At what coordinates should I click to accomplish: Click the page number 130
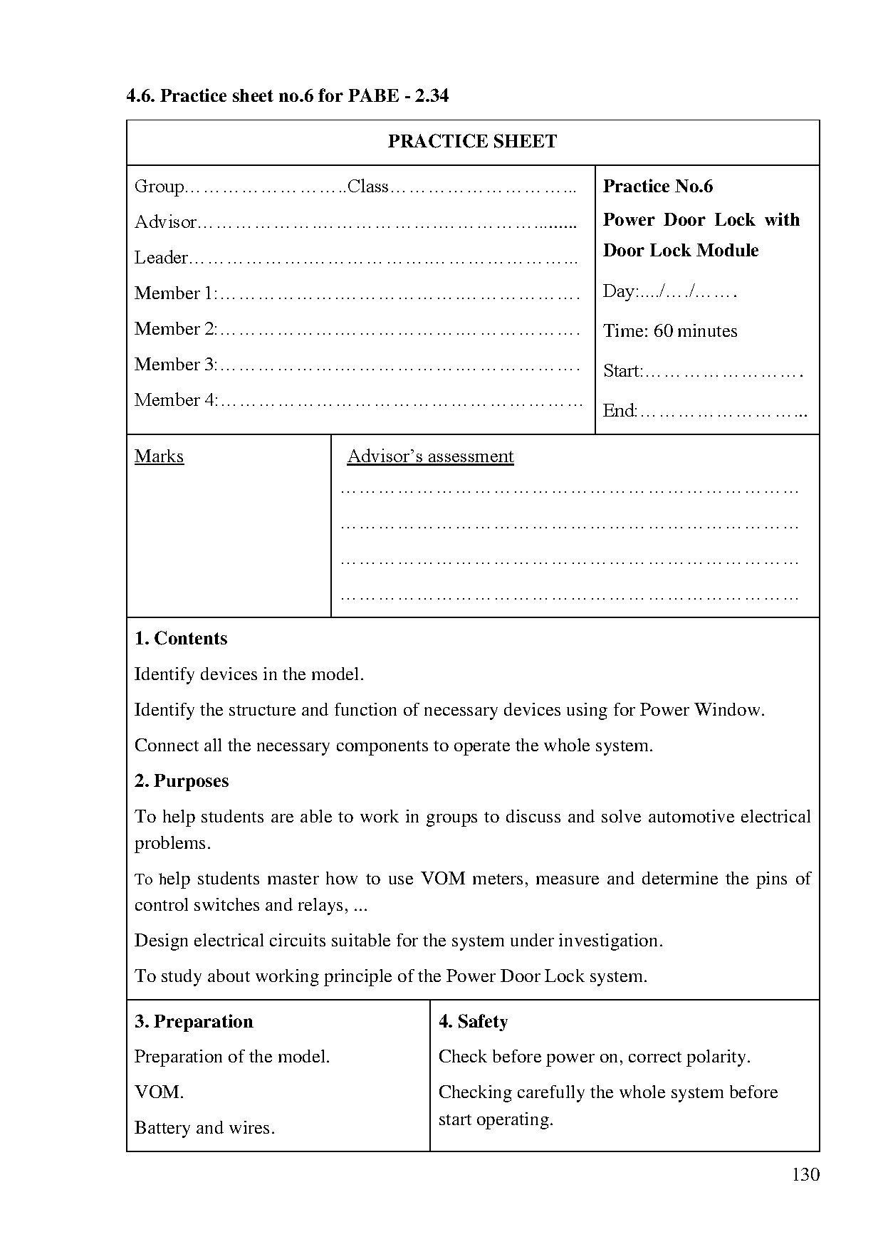[x=805, y=1174]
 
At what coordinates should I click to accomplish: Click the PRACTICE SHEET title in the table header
[x=472, y=142]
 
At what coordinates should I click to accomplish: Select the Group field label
[x=159, y=187]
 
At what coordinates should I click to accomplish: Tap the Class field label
[x=367, y=187]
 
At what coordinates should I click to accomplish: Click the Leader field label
[x=161, y=258]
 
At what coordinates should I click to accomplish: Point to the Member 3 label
[x=174, y=365]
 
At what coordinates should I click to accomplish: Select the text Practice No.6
[x=657, y=187]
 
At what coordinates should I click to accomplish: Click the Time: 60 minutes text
[x=669, y=331]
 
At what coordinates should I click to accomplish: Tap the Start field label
[x=622, y=371]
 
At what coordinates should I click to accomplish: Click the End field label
[x=618, y=411]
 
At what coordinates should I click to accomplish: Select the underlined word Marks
[x=159, y=456]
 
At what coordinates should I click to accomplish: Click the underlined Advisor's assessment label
[x=430, y=456]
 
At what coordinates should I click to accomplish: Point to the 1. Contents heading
[x=181, y=638]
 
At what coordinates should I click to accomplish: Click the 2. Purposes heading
[x=182, y=781]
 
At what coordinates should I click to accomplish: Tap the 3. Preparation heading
[x=194, y=1022]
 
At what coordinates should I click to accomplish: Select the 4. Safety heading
[x=473, y=1022]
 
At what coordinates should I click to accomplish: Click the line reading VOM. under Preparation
[x=159, y=1092]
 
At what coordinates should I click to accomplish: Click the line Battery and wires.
[x=204, y=1128]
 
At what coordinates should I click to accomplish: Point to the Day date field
[x=668, y=291]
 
